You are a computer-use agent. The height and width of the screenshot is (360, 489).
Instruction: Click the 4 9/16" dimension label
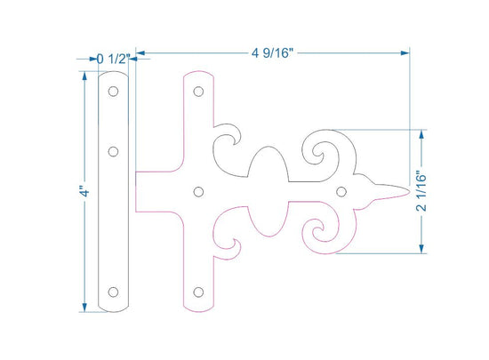(272, 53)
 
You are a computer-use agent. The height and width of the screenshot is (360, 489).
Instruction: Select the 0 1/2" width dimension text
(113, 59)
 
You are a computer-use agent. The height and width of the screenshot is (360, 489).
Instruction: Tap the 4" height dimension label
(84, 191)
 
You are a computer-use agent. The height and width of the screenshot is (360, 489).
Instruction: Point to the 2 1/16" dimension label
(421, 191)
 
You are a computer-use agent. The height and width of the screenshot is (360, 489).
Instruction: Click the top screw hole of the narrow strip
(113, 92)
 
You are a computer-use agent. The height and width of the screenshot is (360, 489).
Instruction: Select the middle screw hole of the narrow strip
(113, 151)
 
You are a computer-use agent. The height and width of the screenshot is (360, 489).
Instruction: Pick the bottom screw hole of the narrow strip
(113, 292)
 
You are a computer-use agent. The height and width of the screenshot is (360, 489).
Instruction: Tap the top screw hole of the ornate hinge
(198, 92)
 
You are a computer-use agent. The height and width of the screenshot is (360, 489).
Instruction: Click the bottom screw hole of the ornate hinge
(198, 292)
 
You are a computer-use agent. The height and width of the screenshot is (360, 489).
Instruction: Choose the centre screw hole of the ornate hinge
(198, 192)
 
